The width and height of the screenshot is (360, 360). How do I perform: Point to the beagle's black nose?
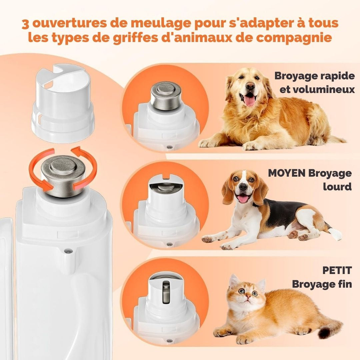pyautogui.click(x=243, y=187)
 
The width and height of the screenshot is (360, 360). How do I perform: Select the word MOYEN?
pyautogui.click(x=286, y=173)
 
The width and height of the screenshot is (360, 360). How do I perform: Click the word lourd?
pyautogui.click(x=337, y=187)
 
